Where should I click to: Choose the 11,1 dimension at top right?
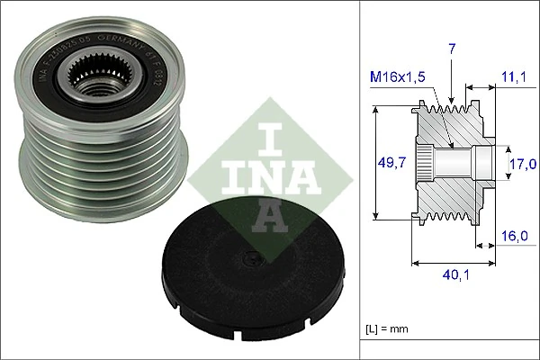tap(514, 78)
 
